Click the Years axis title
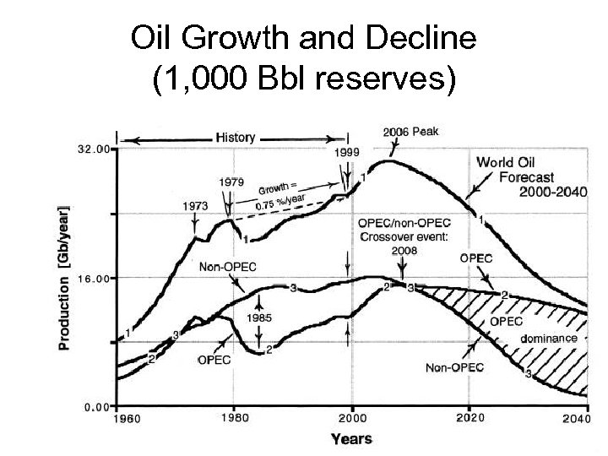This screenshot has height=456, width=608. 351,438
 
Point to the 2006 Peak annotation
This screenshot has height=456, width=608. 411,132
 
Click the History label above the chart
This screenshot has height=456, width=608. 236,137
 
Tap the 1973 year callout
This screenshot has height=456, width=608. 196,205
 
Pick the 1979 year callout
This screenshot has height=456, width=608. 233,182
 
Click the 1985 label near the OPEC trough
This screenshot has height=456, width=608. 258,318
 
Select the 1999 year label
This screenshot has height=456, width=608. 346,153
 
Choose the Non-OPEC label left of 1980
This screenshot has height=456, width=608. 227,267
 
